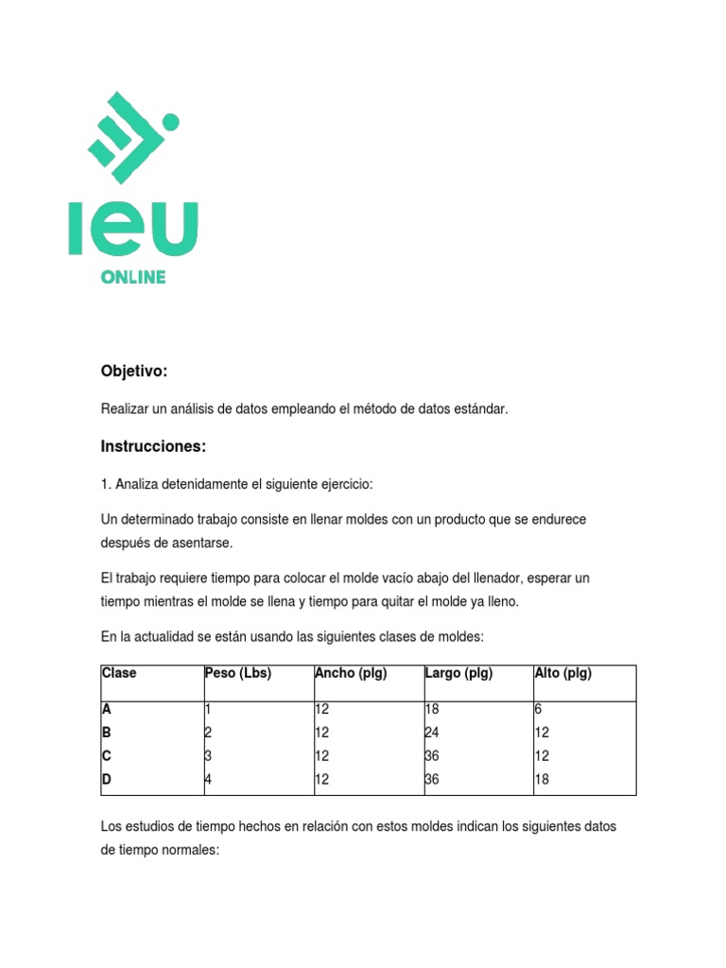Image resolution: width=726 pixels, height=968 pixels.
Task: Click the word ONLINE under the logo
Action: [133, 277]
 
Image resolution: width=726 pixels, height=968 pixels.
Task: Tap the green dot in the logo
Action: [170, 122]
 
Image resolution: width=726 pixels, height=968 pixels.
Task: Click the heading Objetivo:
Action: [133, 372]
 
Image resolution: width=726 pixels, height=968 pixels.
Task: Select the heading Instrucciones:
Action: [153, 446]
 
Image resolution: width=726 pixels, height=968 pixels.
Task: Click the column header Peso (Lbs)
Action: [238, 673]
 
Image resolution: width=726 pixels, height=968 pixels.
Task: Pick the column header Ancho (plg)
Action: [351, 673]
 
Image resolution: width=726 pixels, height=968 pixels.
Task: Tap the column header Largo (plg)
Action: [459, 673]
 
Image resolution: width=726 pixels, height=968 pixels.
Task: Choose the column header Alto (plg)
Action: [563, 673]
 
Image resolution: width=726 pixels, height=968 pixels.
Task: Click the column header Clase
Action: [119, 673]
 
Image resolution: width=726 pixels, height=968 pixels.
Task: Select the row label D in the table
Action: [106, 780]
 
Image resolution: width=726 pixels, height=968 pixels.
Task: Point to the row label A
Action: [106, 709]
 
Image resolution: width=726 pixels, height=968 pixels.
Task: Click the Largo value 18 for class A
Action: [433, 709]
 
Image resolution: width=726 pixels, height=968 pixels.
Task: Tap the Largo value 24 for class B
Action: [433, 733]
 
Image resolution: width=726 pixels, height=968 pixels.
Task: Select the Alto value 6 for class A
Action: [538, 709]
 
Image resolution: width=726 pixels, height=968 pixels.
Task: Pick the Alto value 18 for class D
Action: [542, 780]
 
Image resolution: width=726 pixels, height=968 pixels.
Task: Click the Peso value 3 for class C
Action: [209, 756]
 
